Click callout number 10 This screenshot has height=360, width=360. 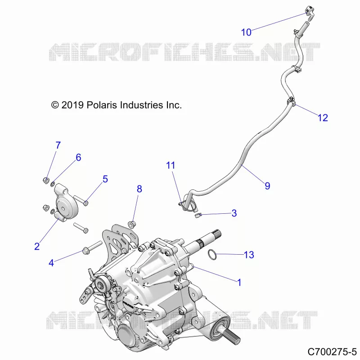(246, 32)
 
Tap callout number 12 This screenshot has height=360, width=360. (323, 118)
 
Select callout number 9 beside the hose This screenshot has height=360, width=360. (267, 186)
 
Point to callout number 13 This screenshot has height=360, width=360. (249, 255)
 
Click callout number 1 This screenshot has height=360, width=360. (239, 283)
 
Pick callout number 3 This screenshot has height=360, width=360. (234, 213)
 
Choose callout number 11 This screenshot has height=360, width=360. (171, 165)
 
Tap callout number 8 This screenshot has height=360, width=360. (139, 189)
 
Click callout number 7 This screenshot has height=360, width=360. (58, 145)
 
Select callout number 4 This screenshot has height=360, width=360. (51, 263)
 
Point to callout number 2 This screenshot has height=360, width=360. (37, 246)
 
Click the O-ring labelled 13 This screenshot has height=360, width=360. (212, 255)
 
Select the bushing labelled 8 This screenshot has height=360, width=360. (132, 224)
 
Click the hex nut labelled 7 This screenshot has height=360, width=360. (46, 180)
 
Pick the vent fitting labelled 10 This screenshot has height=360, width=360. (309, 12)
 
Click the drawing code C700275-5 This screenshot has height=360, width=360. (332, 351)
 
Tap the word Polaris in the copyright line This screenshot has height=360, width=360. (102, 105)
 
